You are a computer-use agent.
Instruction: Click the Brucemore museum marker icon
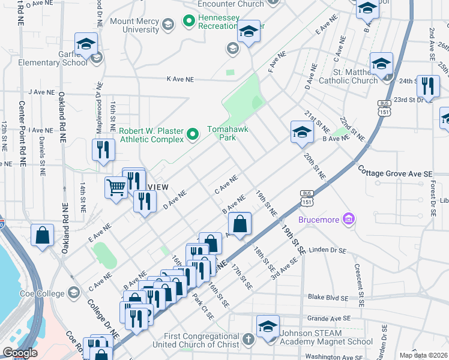[347, 220]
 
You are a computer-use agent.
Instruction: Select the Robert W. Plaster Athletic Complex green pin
[192, 134]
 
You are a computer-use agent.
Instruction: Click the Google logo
[20, 353]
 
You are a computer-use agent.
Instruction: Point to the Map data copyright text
[424, 355]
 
